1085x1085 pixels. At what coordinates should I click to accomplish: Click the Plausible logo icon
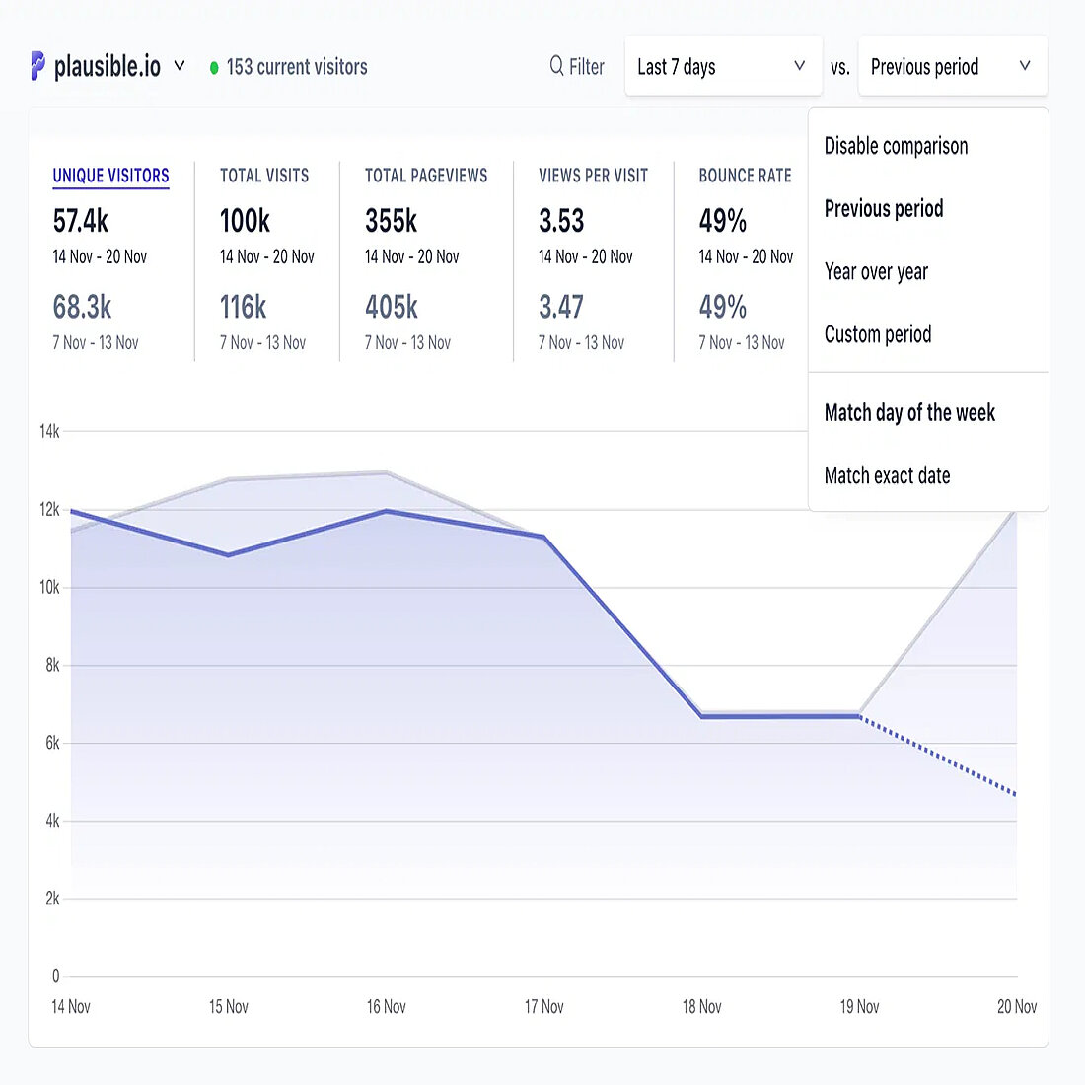pyautogui.click(x=37, y=66)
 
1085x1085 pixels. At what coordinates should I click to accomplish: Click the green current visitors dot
pyautogui.click(x=214, y=68)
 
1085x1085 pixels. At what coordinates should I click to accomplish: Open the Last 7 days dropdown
pyautogui.click(x=723, y=66)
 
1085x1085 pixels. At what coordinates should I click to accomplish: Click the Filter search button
pyautogui.click(x=577, y=66)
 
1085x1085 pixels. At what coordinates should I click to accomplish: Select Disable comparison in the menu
pyautogui.click(x=896, y=146)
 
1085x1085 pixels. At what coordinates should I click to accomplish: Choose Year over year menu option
pyautogui.click(x=876, y=271)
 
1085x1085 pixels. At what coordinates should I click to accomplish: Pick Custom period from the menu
pyautogui.click(x=878, y=334)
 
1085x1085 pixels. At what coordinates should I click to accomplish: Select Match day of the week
pyautogui.click(x=909, y=412)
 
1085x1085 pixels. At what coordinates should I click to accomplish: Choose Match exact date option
pyautogui.click(x=887, y=475)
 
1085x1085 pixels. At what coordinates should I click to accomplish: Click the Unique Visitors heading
pyautogui.click(x=110, y=176)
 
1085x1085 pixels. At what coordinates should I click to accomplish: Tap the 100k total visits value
pyautogui.click(x=245, y=220)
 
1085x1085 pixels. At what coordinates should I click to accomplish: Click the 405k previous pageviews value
pyautogui.click(x=392, y=307)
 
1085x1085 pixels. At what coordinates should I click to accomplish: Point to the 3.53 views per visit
pyautogui.click(x=561, y=220)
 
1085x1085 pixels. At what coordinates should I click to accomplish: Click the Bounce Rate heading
pyautogui.click(x=745, y=176)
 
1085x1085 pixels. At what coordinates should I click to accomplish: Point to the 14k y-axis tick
pyautogui.click(x=49, y=431)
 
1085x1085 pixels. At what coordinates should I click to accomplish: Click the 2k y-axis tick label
pyautogui.click(x=52, y=899)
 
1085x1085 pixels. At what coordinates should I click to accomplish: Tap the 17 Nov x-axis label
pyautogui.click(x=543, y=1007)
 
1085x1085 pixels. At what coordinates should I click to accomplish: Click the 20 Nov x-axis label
pyautogui.click(x=1016, y=1007)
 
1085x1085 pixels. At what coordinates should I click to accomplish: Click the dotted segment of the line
pyautogui.click(x=937, y=756)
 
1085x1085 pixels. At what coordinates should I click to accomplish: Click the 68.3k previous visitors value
pyautogui.click(x=82, y=307)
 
